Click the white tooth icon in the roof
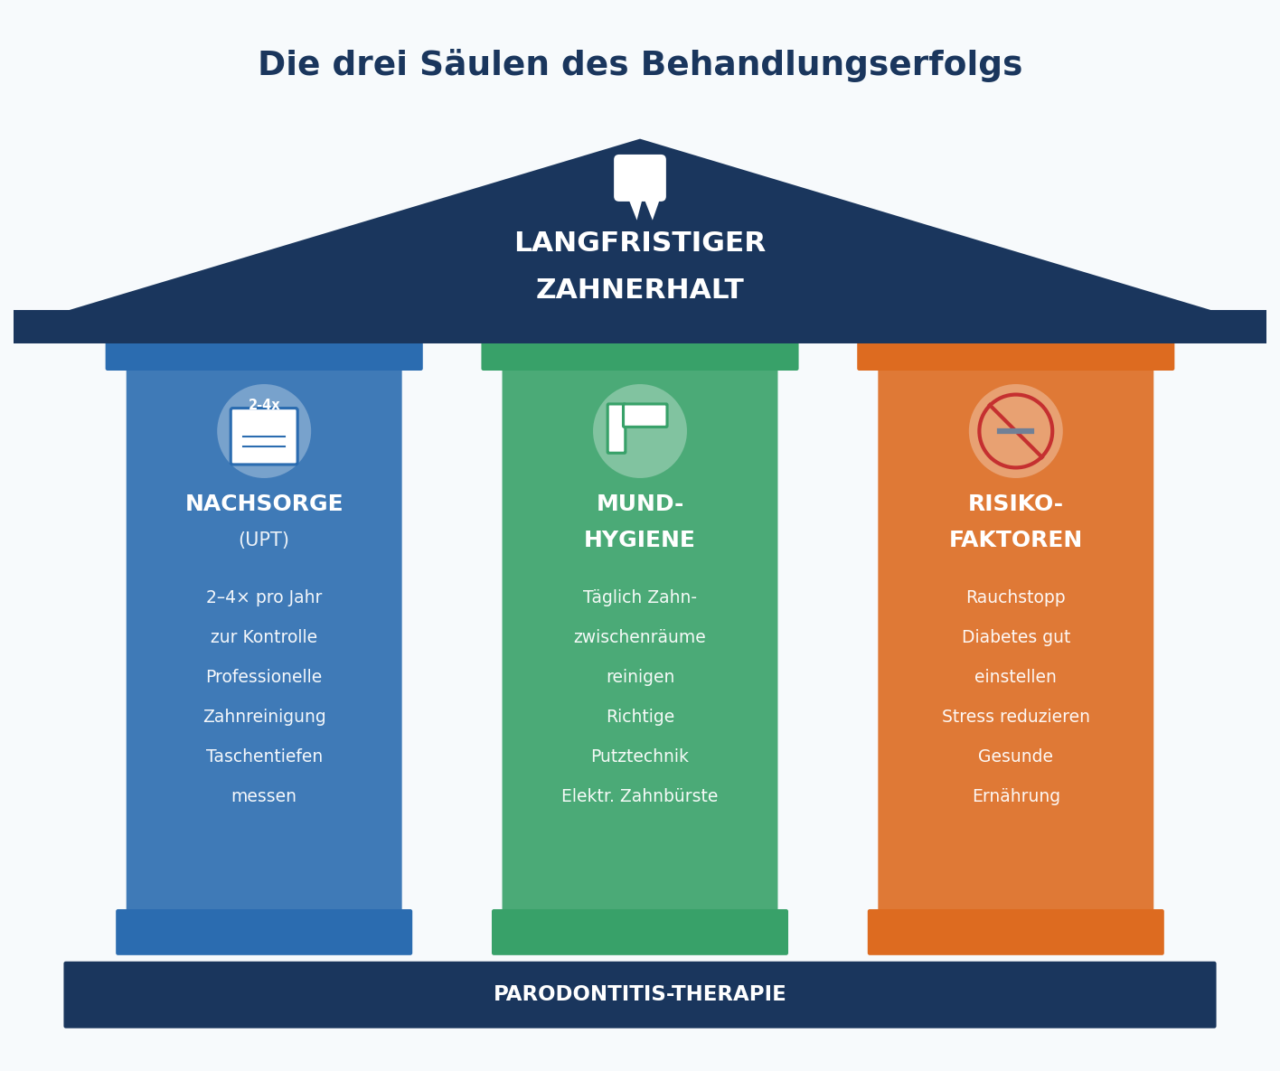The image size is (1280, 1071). click(x=640, y=182)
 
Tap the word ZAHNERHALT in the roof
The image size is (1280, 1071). click(x=640, y=290)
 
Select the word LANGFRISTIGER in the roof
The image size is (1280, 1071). click(x=640, y=243)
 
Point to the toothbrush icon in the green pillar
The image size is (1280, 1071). click(x=639, y=428)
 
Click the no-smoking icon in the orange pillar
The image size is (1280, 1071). click(x=1015, y=431)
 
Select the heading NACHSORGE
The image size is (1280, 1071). click(x=264, y=504)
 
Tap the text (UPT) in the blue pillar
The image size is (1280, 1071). click(x=264, y=540)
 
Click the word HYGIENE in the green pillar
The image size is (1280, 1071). click(x=639, y=540)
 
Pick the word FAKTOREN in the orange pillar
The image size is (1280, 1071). click(x=1015, y=540)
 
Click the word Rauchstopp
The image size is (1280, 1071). click(x=1015, y=597)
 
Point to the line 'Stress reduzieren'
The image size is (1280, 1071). click(x=1015, y=717)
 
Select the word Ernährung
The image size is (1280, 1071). click(x=1015, y=796)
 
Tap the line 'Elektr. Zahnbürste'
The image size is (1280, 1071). click(x=639, y=796)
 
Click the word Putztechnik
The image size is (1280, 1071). click(x=639, y=756)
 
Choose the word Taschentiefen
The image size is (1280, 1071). click(x=264, y=756)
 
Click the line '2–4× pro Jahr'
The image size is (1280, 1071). click(x=264, y=597)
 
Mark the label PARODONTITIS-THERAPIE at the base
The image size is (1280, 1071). click(x=639, y=994)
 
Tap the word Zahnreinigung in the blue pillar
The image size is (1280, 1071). click(x=264, y=717)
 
